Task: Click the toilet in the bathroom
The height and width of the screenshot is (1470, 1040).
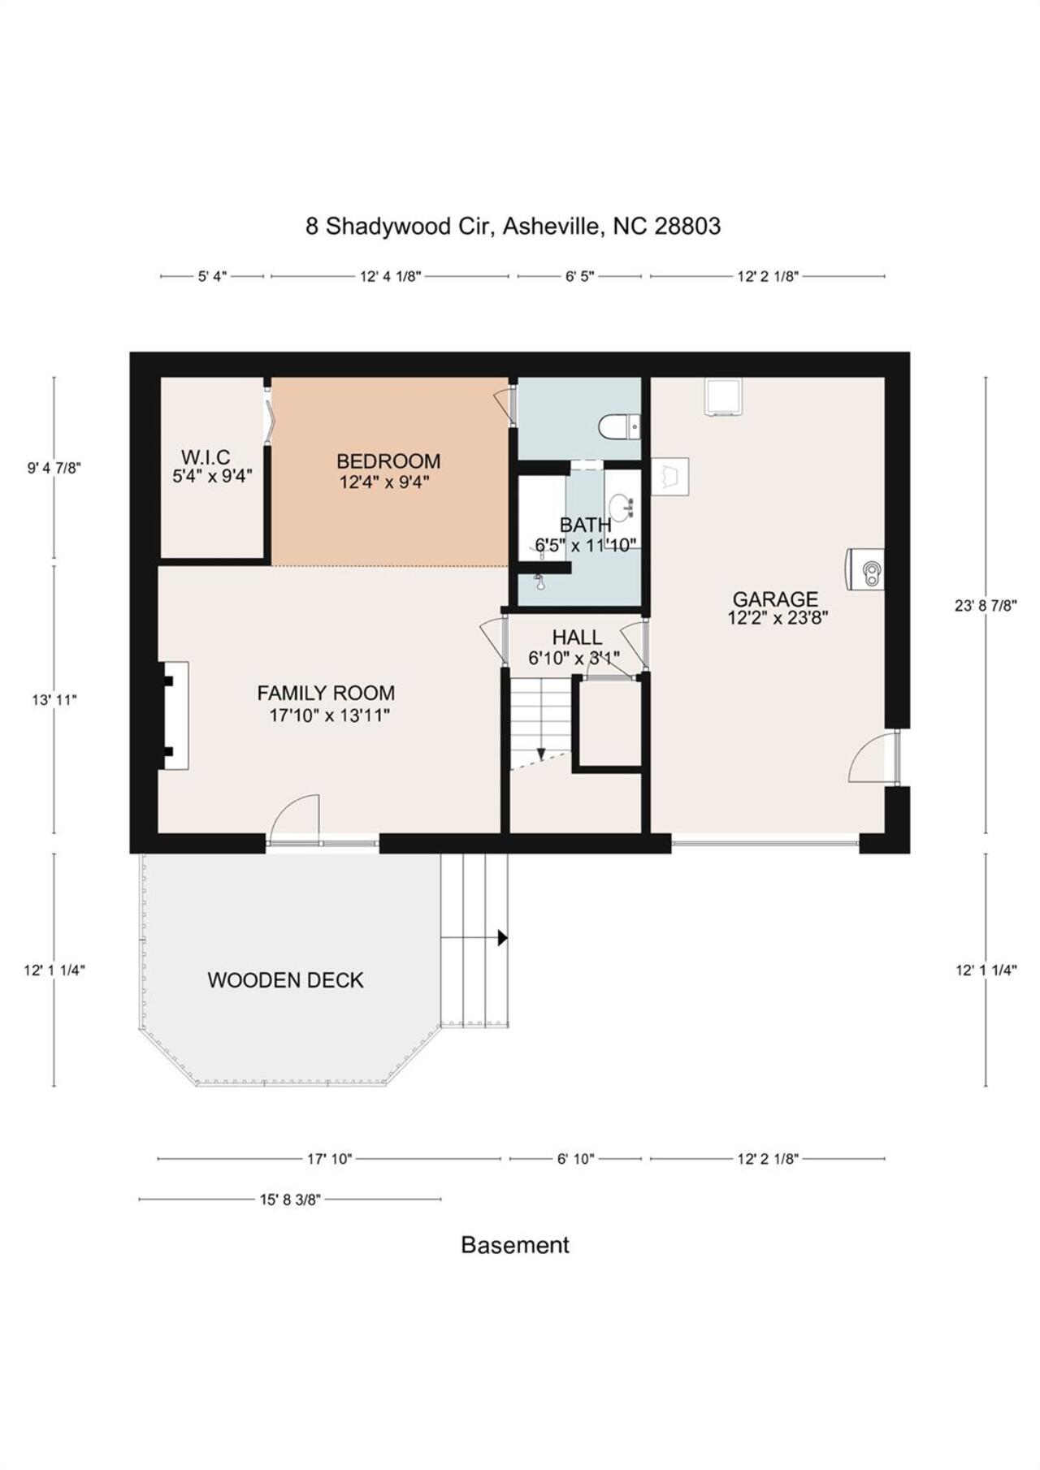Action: pos(619,426)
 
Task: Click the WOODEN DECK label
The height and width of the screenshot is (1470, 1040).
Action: pos(285,979)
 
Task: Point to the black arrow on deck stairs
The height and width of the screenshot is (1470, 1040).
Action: pos(502,938)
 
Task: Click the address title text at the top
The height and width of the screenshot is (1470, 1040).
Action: pos(513,226)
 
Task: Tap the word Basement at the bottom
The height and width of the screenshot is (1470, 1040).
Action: pos(514,1245)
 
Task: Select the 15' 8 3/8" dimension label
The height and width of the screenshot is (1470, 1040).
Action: pos(290,1199)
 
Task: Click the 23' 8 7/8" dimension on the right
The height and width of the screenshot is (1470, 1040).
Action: pos(986,605)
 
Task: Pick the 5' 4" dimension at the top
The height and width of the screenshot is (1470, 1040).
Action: pos(212,276)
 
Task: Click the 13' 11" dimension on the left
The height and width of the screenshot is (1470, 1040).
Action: pos(54,699)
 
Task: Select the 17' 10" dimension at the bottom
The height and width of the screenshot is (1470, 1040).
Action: pos(329,1159)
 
